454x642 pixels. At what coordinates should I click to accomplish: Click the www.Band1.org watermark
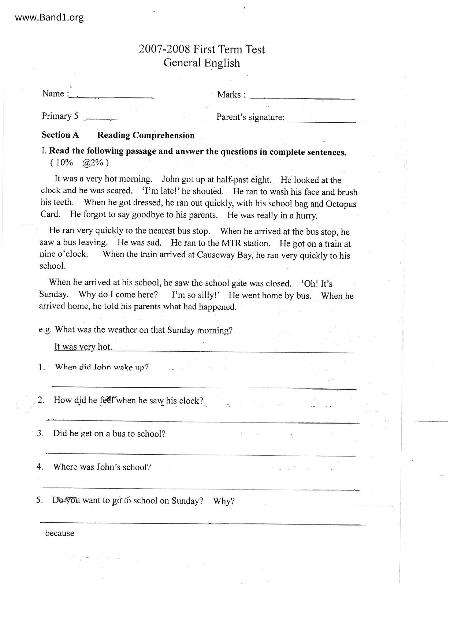[x=49, y=17]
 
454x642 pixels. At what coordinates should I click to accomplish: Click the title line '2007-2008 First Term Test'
[x=202, y=49]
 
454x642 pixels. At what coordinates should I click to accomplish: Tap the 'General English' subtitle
[x=202, y=63]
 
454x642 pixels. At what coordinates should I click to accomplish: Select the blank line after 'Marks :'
[x=302, y=98]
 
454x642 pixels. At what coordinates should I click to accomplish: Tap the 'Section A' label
[x=60, y=135]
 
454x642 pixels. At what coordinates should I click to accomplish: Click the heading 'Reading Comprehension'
[x=146, y=135]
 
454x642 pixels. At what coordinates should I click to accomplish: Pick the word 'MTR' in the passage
[x=231, y=243]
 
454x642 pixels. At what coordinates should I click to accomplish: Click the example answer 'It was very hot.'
[x=83, y=347]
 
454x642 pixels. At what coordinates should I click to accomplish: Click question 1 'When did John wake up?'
[x=101, y=367]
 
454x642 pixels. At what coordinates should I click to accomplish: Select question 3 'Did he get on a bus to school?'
[x=109, y=434]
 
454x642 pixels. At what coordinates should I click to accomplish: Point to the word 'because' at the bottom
[x=60, y=533]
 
